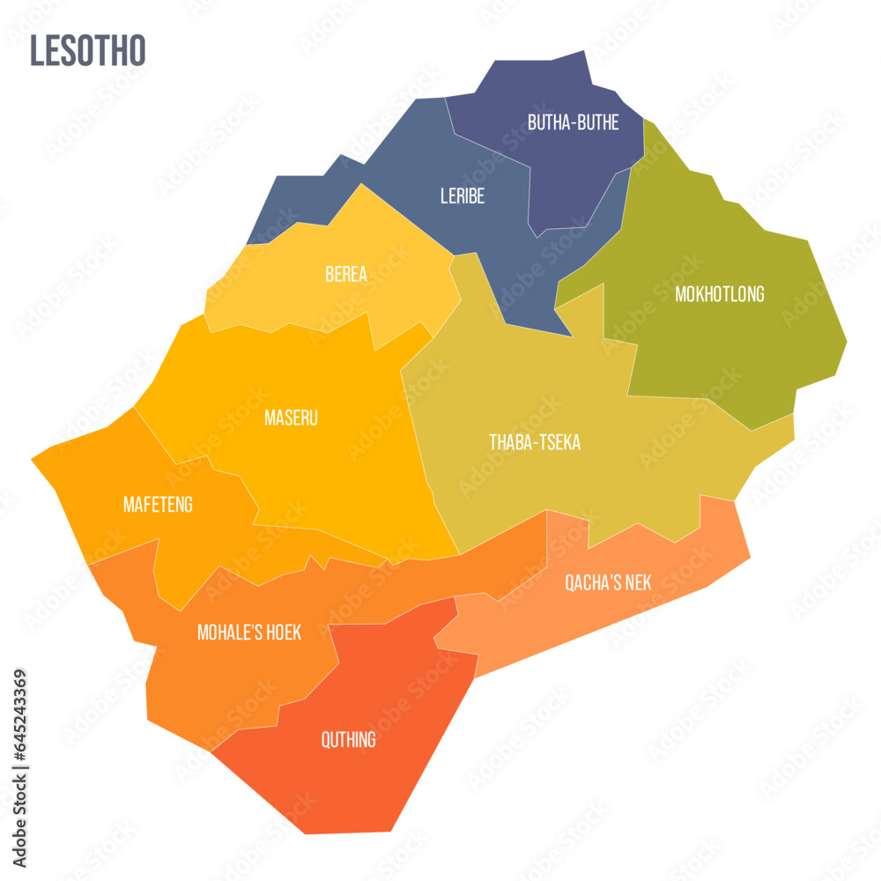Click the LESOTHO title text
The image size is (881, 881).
87,51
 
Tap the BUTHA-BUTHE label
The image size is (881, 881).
573,122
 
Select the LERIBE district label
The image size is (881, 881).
463,196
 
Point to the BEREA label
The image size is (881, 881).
346,274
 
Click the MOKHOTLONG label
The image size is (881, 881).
719,294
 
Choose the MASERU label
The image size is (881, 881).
291,418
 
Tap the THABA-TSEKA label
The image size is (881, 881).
535,442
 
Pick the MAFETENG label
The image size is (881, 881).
158,505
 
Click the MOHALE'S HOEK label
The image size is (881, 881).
249,633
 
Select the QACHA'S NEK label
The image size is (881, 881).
609,582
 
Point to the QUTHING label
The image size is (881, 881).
349,739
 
